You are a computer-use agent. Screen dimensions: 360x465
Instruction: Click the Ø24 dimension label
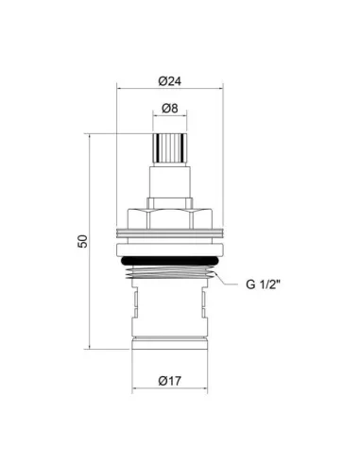click(x=170, y=81)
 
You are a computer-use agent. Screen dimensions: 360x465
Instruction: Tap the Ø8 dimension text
click(x=170, y=109)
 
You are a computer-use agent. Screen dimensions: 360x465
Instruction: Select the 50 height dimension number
click(x=82, y=241)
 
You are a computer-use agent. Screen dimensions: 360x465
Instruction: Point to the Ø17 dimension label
click(x=170, y=381)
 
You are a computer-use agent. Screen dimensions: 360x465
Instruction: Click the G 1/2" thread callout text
click(x=263, y=284)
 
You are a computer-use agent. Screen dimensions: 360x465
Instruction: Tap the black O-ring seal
click(x=170, y=261)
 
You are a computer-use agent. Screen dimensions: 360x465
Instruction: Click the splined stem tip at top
click(x=170, y=148)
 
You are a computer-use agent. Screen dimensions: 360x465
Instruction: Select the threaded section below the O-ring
click(x=170, y=272)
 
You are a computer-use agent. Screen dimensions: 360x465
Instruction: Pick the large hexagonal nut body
click(x=170, y=218)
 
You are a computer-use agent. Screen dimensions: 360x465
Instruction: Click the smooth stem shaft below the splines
click(x=170, y=181)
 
